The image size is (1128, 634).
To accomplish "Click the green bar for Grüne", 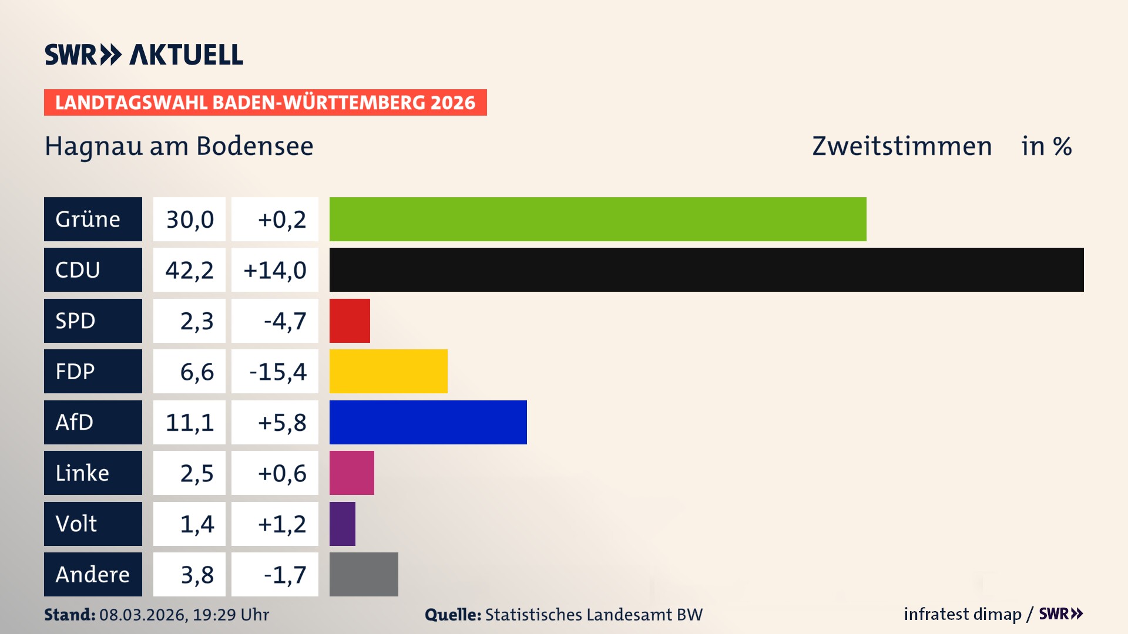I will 597,219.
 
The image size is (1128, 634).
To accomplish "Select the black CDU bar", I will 706,269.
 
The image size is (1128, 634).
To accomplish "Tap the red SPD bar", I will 350,321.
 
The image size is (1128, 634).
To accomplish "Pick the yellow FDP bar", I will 388,371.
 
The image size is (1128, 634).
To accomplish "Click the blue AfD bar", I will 428,422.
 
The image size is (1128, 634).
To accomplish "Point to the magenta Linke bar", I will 351,473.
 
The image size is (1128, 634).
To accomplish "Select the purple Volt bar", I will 342,524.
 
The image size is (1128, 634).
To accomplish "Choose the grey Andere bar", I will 364,574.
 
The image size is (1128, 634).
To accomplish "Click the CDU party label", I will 93,269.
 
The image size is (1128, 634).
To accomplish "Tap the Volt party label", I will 93,524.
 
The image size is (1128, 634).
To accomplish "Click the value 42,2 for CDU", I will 189,270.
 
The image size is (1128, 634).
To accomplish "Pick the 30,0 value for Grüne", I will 190,220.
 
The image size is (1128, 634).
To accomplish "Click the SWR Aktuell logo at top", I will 144,55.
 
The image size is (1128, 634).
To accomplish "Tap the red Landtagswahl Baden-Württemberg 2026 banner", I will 265,103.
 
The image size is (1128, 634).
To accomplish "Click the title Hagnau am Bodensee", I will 179,146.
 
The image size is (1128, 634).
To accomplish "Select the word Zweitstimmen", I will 902,146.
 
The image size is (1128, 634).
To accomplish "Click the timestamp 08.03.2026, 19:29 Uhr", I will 184,615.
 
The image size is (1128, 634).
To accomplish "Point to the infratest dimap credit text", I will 962,614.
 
